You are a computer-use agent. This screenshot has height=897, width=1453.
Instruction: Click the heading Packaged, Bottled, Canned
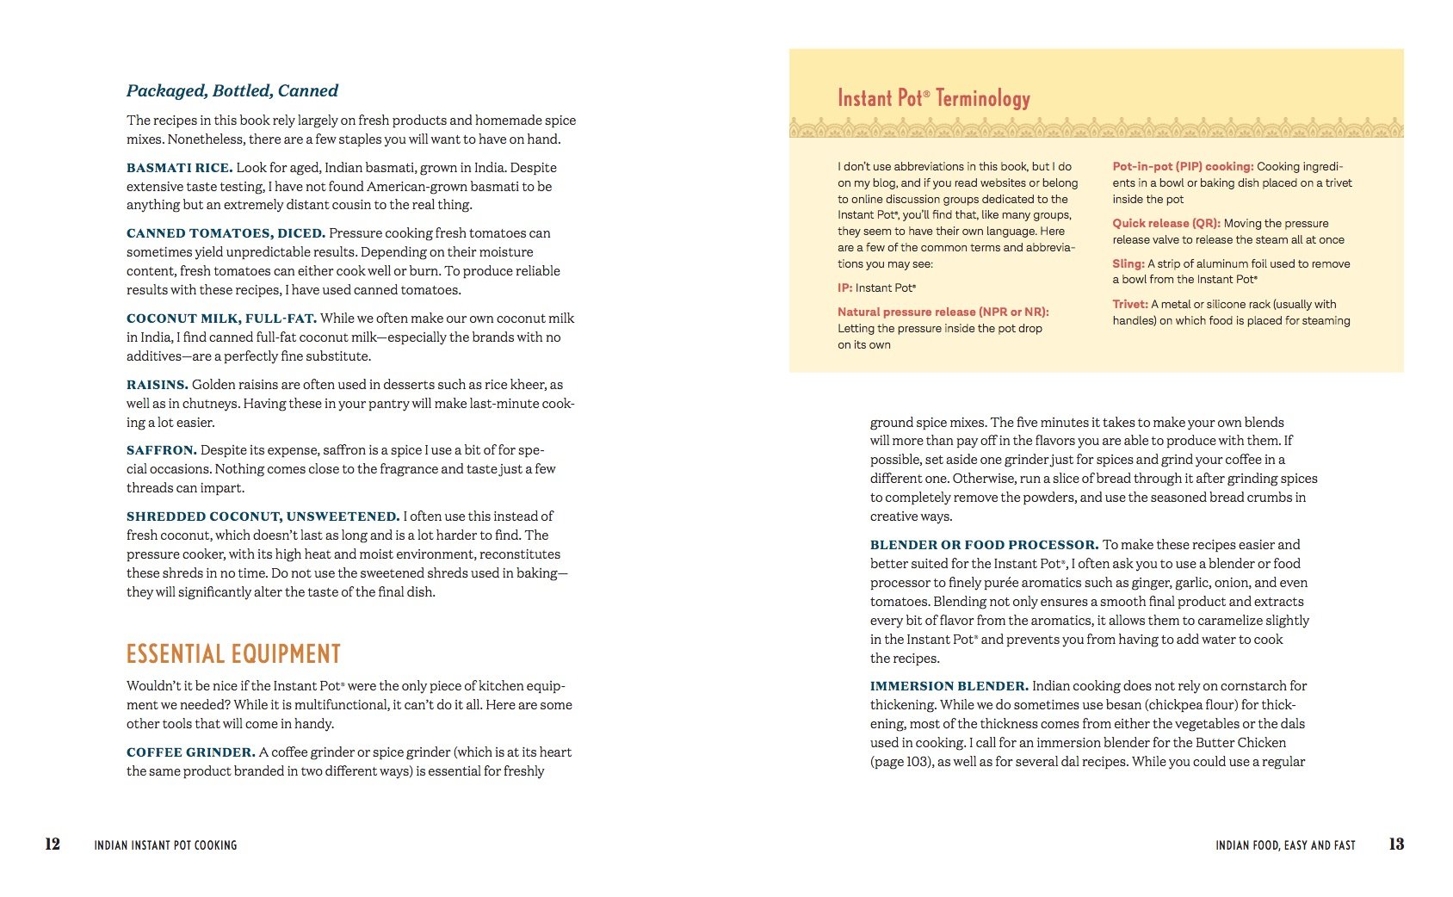(x=232, y=90)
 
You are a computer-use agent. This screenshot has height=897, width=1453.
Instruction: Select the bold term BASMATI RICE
(x=179, y=168)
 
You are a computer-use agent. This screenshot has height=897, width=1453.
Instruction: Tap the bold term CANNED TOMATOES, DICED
(x=226, y=233)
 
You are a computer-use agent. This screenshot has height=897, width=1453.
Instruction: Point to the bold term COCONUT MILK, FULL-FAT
(x=221, y=319)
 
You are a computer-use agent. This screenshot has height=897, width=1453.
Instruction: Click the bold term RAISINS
(x=157, y=385)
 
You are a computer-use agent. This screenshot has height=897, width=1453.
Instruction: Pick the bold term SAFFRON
(x=161, y=450)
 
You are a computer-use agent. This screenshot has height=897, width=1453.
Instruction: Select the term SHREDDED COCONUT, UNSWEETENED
(x=263, y=517)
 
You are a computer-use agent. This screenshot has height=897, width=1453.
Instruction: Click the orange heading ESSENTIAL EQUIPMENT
(x=233, y=654)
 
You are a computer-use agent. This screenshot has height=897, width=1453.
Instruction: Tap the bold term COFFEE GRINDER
(x=190, y=752)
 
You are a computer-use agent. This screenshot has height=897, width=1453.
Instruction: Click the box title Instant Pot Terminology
(x=933, y=98)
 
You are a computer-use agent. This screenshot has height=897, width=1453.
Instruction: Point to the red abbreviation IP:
(x=844, y=288)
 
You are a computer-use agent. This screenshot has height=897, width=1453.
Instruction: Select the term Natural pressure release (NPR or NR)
(x=943, y=312)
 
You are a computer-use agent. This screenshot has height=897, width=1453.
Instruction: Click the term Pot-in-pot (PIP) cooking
(x=1183, y=166)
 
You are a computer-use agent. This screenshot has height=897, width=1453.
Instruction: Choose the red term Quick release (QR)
(x=1165, y=223)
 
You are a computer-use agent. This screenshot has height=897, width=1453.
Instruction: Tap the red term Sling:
(x=1128, y=263)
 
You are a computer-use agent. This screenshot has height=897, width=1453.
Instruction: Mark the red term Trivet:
(x=1129, y=304)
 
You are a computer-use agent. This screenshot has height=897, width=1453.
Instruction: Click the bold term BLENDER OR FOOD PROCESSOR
(x=984, y=545)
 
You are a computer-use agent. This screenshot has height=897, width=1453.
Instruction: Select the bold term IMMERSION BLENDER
(x=949, y=686)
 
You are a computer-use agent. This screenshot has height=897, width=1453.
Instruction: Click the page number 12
(x=53, y=844)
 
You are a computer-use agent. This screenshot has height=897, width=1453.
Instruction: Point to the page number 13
(x=1396, y=844)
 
